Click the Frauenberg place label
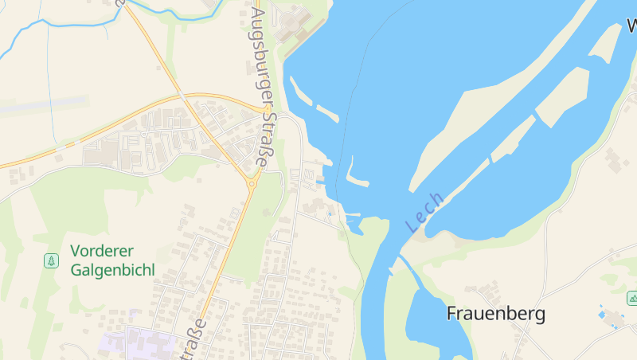pyautogui.click(x=496, y=314)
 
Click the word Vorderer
pyautogui.click(x=100, y=251)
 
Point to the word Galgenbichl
pyautogui.click(x=112, y=269)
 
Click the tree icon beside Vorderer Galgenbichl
pyautogui.click(x=51, y=260)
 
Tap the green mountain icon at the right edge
pyautogui.click(x=632, y=298)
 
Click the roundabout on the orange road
pyautogui.click(x=252, y=182)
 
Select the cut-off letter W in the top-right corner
pyautogui.click(x=631, y=25)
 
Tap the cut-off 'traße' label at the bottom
pyautogui.click(x=197, y=339)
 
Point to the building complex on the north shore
pyautogui.click(x=299, y=24)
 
